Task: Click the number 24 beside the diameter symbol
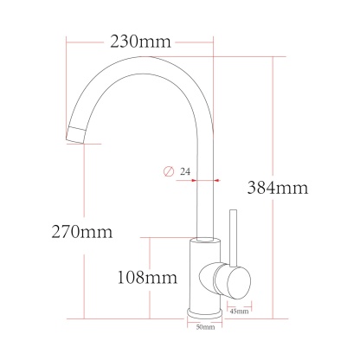coord(185,171)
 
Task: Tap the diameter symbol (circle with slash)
coord(168,171)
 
